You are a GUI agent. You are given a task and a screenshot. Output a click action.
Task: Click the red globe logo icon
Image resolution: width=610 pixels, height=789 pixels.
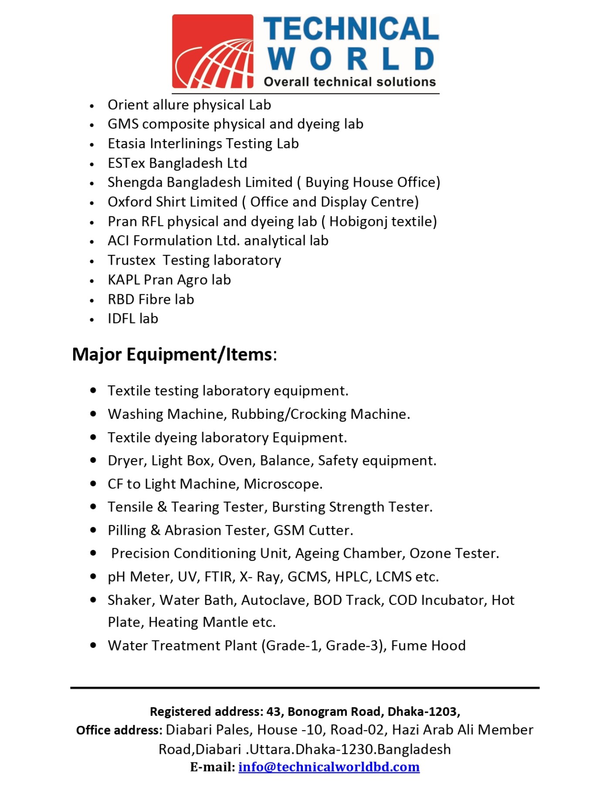pyautogui.click(x=213, y=51)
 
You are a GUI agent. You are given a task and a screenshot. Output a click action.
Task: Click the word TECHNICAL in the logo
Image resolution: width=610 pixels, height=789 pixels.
pyautogui.click(x=351, y=29)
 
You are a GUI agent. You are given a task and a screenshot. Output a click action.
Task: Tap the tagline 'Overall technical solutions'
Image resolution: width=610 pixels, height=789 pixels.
pyautogui.click(x=349, y=82)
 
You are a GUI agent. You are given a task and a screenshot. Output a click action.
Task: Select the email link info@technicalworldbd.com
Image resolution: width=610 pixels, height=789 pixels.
pyautogui.click(x=329, y=767)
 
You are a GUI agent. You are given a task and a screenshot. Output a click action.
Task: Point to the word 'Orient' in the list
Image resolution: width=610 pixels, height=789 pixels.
pyautogui.click(x=128, y=105)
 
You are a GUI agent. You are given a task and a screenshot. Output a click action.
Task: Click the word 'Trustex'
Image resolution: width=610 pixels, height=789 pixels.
pyautogui.click(x=132, y=260)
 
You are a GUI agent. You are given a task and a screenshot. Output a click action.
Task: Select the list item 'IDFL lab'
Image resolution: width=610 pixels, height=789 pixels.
pyautogui.click(x=133, y=319)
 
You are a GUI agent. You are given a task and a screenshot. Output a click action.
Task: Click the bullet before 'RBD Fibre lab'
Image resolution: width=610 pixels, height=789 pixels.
pyautogui.click(x=92, y=300)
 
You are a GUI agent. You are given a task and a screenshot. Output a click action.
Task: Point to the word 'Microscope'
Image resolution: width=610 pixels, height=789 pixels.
pyautogui.click(x=282, y=484)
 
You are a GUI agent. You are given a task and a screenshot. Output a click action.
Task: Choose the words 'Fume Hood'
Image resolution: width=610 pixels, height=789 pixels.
pyautogui.click(x=428, y=646)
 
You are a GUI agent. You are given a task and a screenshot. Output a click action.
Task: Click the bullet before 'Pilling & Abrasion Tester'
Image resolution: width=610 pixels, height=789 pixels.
pyautogui.click(x=93, y=530)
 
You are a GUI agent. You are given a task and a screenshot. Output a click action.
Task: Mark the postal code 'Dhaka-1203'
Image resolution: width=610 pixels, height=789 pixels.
pyautogui.click(x=423, y=711)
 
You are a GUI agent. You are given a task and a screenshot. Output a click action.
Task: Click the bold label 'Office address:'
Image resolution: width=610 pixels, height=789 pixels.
pyautogui.click(x=119, y=730)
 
